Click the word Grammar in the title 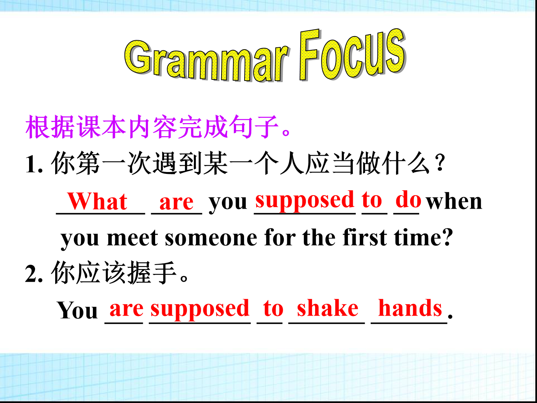pos(207,61)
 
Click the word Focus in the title pos(352,54)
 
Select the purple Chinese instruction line pos(158,126)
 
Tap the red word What pos(97,201)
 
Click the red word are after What pos(176,203)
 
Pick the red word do pos(408,199)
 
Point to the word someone pos(211,238)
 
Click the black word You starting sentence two pos(77,310)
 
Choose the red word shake pos(327,308)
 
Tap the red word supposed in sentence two pos(200,310)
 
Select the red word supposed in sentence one pos(305,201)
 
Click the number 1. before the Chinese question pos(34,165)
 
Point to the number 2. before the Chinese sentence pos(34,274)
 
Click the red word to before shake pos(273,309)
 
